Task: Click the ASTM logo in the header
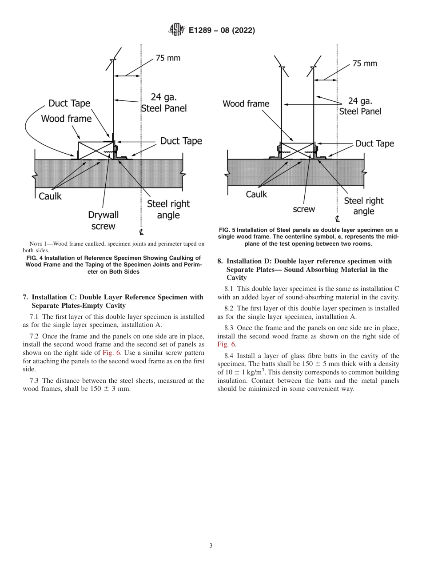177,30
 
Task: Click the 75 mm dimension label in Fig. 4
167,58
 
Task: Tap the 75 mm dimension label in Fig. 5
364,64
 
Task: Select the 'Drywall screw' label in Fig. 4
103,221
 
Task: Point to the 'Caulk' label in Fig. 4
50,196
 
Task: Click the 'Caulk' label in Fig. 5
256,194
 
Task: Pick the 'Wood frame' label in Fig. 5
246,104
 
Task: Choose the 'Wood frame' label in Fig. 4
66,119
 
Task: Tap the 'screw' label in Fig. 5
304,209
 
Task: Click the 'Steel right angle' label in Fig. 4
168,209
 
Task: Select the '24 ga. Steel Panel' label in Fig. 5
360,106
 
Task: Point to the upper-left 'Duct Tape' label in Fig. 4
69,103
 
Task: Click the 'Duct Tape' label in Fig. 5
374,143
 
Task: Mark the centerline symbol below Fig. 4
141,232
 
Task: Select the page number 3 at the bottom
211,545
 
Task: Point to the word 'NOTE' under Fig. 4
36,244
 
